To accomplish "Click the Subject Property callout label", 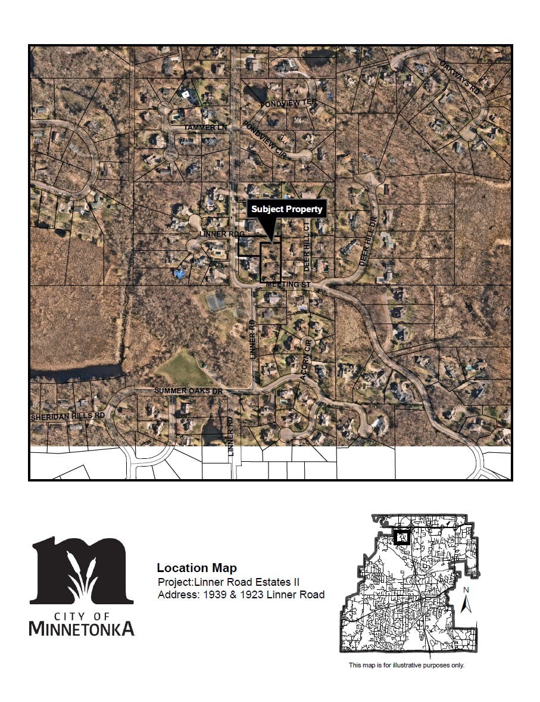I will (x=286, y=209).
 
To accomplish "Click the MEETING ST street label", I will (x=288, y=285).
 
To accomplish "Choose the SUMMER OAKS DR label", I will (x=188, y=390).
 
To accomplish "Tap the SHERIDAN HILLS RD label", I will (x=68, y=415).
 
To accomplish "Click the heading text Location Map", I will (x=196, y=568).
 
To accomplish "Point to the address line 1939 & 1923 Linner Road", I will (x=241, y=595).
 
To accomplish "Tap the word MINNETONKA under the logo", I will (x=82, y=628).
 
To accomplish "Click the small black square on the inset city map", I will (x=402, y=538).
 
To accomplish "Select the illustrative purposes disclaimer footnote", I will (x=406, y=665).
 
